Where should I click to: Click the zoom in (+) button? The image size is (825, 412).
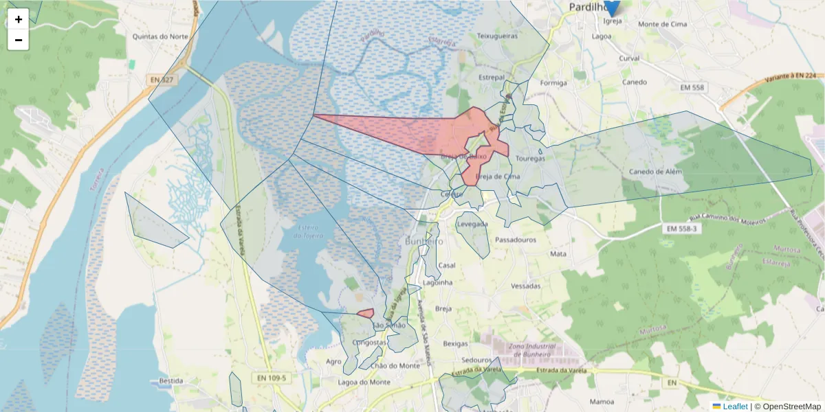tap(19, 19)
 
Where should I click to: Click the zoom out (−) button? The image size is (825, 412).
tap(19, 40)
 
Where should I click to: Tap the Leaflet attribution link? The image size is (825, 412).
tap(735, 407)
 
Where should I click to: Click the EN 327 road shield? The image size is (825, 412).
tap(162, 80)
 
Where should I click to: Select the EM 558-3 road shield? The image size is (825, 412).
tap(682, 228)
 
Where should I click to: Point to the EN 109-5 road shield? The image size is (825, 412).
tap(272, 378)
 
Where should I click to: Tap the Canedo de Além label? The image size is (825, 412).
tap(656, 172)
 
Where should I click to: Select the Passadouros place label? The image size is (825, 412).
tap(516, 241)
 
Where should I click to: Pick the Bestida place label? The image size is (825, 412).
tap(170, 380)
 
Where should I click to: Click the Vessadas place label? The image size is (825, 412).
tap(526, 286)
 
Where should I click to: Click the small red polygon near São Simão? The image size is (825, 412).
tap(366, 312)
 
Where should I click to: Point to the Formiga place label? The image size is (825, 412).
tap(553, 83)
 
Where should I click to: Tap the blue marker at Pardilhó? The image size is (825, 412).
tap(610, 7)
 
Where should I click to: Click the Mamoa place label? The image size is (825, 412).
tap(602, 401)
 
